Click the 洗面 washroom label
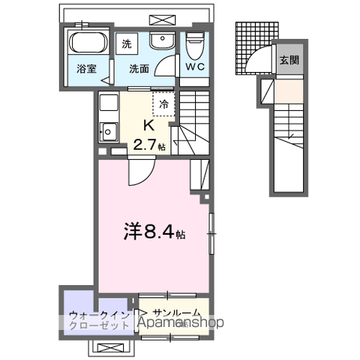pos(138,69)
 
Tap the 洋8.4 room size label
pos(149,234)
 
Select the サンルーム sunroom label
pos(175,313)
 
